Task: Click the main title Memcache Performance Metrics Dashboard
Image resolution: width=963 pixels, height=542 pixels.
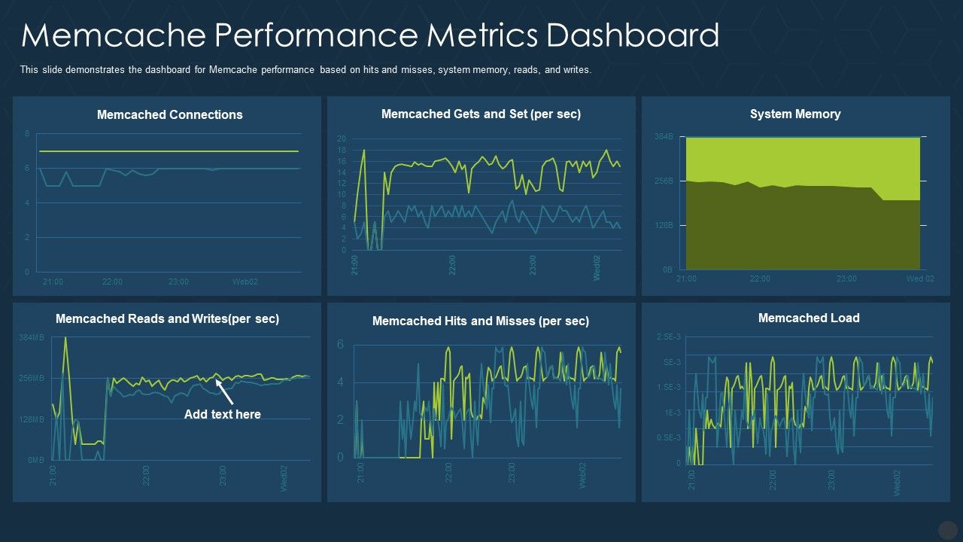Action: pos(370,35)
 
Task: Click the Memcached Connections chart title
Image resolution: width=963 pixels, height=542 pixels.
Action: pos(169,114)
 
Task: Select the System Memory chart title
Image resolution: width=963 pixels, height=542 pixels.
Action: pos(795,114)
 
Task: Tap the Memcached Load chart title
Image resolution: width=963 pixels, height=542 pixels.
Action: pos(809,318)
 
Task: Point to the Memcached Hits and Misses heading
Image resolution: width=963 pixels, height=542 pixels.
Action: pos(480,321)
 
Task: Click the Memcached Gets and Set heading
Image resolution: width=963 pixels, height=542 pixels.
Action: pos(481,114)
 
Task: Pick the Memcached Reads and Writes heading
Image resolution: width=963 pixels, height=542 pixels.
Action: pos(167,318)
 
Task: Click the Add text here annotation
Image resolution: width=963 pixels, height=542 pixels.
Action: pos(222,414)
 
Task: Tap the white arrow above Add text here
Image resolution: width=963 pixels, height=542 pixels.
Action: pos(224,391)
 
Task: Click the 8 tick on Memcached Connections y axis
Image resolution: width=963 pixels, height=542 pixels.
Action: pos(27,134)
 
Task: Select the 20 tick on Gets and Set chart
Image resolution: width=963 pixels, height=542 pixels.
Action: pos(341,139)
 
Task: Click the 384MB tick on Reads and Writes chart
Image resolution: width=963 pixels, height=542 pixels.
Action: pos(32,338)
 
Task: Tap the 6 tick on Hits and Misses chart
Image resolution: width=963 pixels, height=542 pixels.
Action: pos(340,345)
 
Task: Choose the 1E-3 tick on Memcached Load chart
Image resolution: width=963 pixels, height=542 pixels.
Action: pos(672,413)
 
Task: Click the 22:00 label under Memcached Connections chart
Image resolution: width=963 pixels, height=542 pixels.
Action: pos(112,282)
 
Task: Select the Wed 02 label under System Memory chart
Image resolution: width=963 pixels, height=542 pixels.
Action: pos(920,279)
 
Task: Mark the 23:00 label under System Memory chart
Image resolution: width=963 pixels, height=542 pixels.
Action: pos(846,279)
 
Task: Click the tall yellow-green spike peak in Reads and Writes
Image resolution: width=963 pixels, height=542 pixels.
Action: pos(65,338)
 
